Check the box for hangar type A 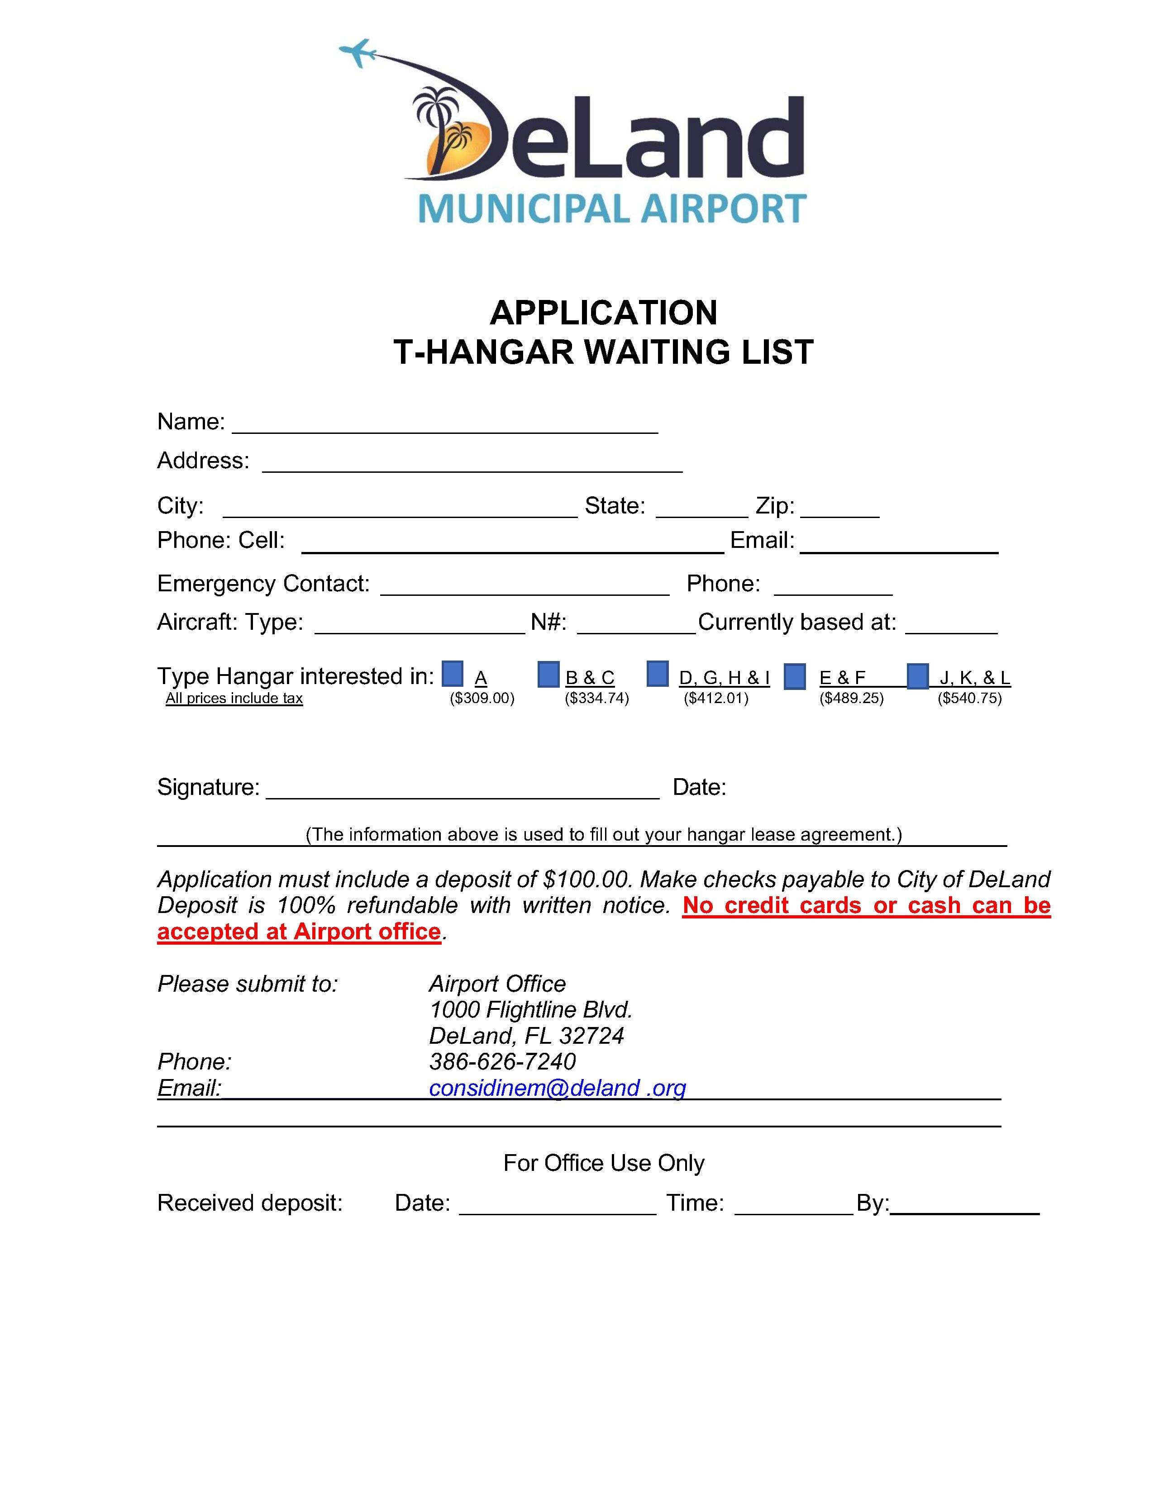pyautogui.click(x=453, y=673)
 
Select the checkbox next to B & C pyautogui.click(x=548, y=675)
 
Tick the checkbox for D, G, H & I pyautogui.click(x=657, y=673)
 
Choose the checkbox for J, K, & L pyautogui.click(x=917, y=676)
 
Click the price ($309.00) pyautogui.click(x=482, y=698)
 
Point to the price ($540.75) pyautogui.click(x=969, y=698)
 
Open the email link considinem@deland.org pyautogui.click(x=557, y=1088)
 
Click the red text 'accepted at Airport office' pyautogui.click(x=299, y=932)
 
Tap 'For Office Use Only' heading pyautogui.click(x=604, y=1163)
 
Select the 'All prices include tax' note pyautogui.click(x=234, y=698)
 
